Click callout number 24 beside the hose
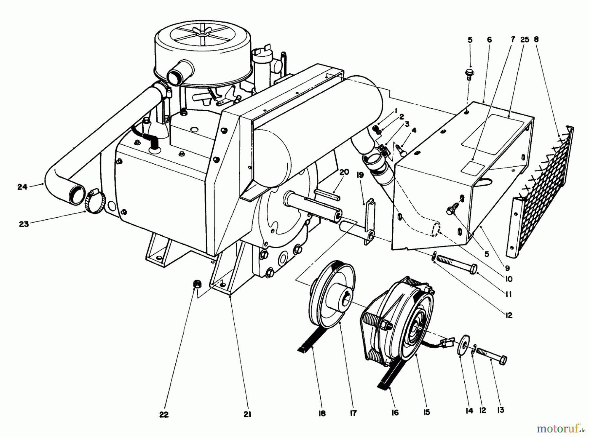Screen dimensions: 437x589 pyautogui.click(x=22, y=188)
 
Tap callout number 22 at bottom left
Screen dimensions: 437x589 pyautogui.click(x=164, y=414)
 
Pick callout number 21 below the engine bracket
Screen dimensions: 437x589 pyautogui.click(x=247, y=414)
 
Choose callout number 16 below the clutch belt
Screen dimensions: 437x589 pyautogui.click(x=395, y=413)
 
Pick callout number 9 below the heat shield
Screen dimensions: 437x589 pyautogui.click(x=507, y=268)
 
